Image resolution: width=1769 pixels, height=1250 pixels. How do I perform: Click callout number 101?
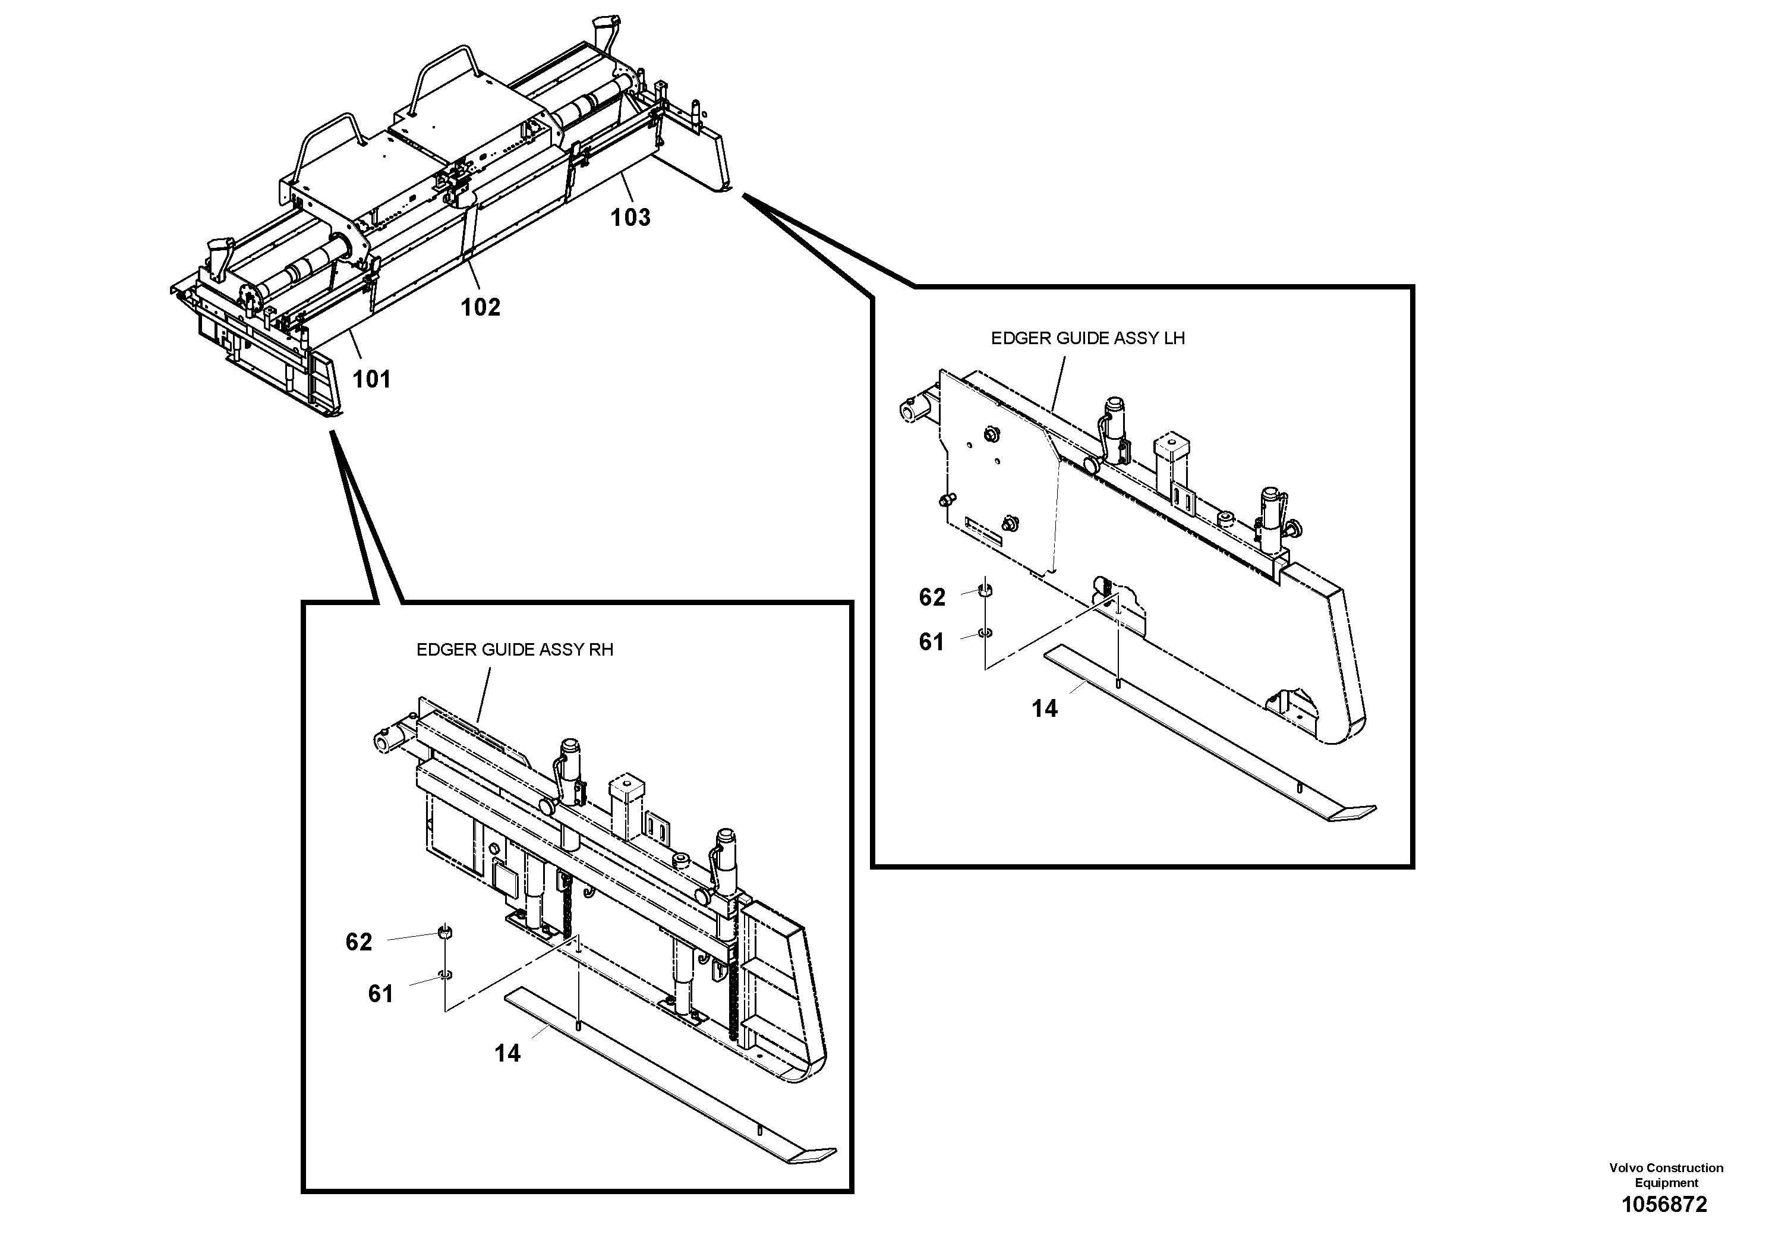[371, 379]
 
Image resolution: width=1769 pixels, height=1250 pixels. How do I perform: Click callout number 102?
[480, 307]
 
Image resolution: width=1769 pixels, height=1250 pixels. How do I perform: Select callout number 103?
[630, 218]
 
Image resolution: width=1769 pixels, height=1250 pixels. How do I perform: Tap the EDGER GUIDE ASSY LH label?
[1087, 338]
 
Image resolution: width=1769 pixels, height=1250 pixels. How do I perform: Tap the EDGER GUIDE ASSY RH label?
[515, 650]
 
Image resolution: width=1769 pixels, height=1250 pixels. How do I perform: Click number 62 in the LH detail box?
[932, 597]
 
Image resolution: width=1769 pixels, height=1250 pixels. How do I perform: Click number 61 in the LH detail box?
[931, 642]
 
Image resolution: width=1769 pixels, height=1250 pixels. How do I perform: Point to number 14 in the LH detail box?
[1044, 709]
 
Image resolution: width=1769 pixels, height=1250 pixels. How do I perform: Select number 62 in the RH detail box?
[358, 942]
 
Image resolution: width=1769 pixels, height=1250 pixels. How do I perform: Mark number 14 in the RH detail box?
[507, 1053]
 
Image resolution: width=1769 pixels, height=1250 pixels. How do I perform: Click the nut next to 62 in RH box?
[444, 933]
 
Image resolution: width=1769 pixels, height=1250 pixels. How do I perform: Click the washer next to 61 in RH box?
[445, 975]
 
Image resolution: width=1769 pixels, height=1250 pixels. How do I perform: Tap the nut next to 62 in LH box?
[985, 591]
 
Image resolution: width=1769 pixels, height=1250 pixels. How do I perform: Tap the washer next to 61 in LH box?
[985, 632]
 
